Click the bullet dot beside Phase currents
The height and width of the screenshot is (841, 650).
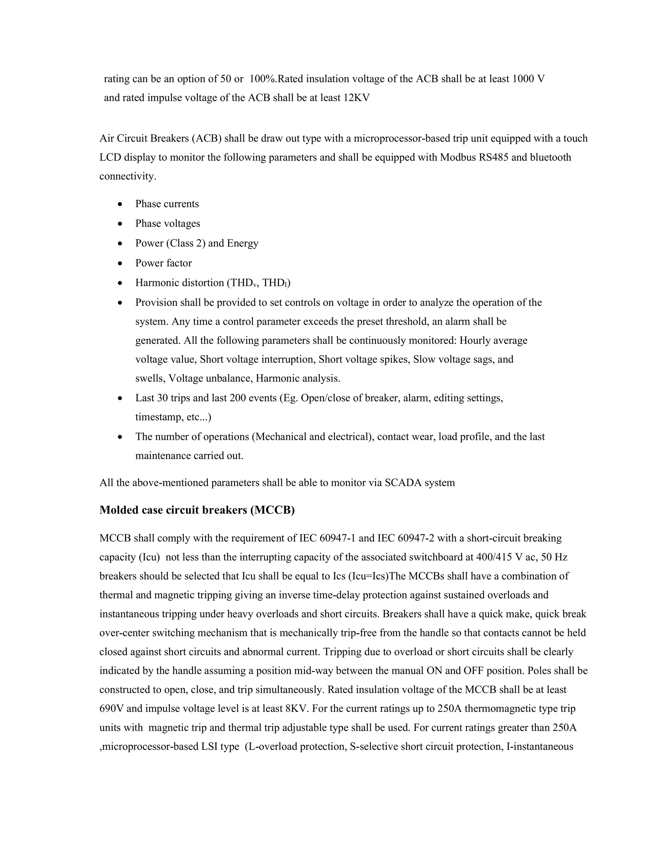coord(121,204)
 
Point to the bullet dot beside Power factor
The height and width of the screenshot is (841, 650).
coord(121,263)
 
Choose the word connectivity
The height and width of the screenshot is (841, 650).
coord(128,176)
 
